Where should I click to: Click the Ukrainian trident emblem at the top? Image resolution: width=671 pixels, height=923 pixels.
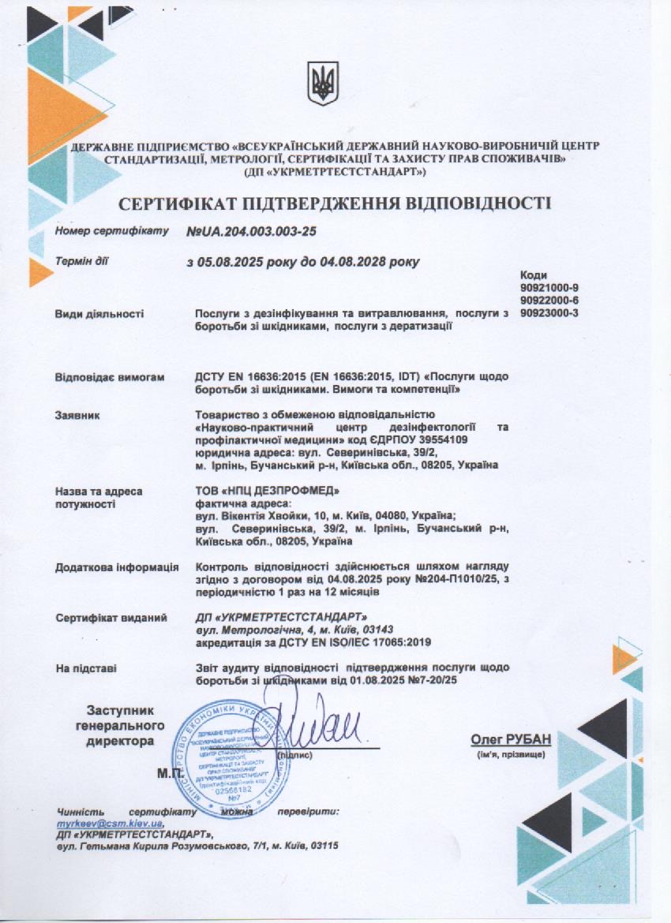point(323,82)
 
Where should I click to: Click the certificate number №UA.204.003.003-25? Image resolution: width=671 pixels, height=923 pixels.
point(251,233)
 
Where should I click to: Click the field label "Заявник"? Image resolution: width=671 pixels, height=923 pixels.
point(77,415)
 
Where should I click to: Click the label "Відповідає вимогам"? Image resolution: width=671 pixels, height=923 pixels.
point(110,378)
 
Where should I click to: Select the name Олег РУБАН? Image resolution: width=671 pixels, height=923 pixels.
point(511,739)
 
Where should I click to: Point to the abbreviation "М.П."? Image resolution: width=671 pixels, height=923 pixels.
point(170,773)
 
